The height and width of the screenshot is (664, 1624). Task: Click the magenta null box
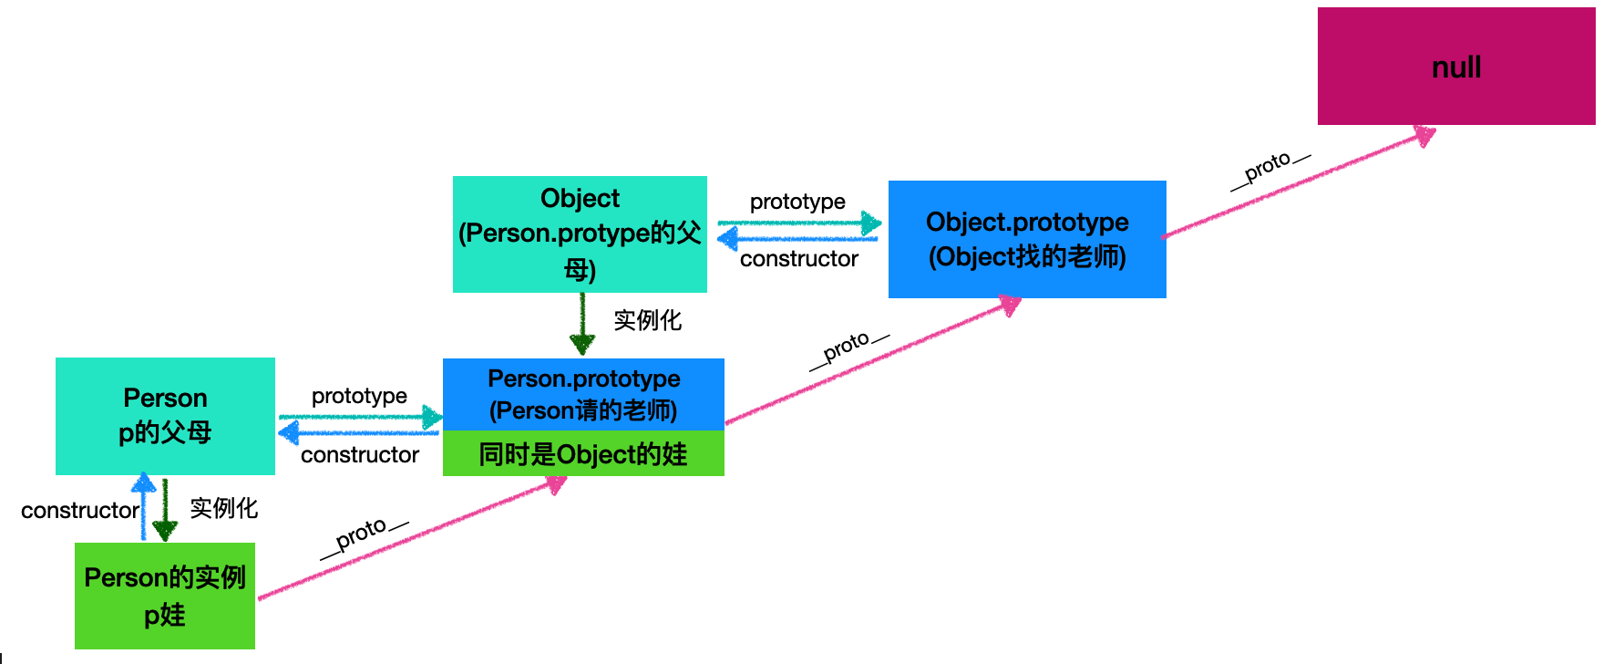1455,67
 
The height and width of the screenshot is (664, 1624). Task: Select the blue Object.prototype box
1027,239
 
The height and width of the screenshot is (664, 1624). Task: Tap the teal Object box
580,234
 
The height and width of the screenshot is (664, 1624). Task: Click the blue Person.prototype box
583,394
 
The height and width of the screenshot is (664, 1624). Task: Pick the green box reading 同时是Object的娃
583,453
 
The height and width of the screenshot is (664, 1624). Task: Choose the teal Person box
165,416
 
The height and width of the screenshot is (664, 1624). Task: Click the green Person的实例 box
165,596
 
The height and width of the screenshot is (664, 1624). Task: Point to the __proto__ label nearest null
1269,169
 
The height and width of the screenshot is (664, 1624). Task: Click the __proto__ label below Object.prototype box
848,349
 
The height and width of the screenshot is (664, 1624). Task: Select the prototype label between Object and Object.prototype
797,202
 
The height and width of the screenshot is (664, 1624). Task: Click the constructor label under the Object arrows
799,259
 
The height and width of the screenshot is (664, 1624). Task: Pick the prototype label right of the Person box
359,396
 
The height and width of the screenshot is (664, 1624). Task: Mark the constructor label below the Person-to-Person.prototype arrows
360,454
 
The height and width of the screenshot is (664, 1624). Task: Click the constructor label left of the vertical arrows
80,510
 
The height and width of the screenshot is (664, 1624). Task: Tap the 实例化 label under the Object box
647,320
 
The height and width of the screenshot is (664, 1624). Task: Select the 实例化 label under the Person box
223,508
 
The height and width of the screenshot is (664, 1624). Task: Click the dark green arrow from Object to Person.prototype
582,324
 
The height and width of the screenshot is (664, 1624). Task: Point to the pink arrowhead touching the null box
1424,136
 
